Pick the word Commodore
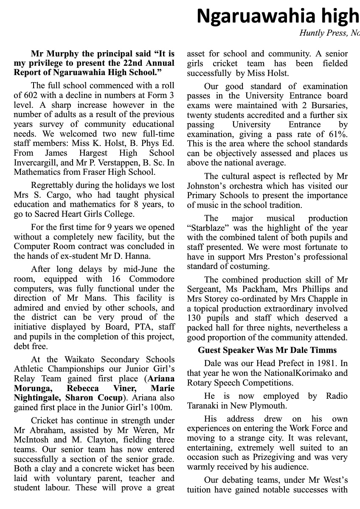(152, 279)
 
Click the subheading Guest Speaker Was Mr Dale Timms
(267, 350)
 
